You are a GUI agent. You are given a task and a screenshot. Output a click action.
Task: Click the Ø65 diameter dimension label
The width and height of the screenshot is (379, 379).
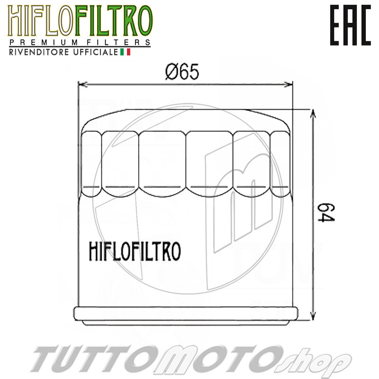tap(182, 72)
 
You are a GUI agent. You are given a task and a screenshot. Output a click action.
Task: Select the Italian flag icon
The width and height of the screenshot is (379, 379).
tap(126, 52)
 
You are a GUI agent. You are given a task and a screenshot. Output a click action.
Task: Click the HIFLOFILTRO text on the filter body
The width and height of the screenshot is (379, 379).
tap(134, 251)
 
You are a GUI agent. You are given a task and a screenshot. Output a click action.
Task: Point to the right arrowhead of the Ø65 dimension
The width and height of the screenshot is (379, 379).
tap(290, 85)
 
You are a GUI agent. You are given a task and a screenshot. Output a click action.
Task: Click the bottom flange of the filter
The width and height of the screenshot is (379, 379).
tap(186, 315)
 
